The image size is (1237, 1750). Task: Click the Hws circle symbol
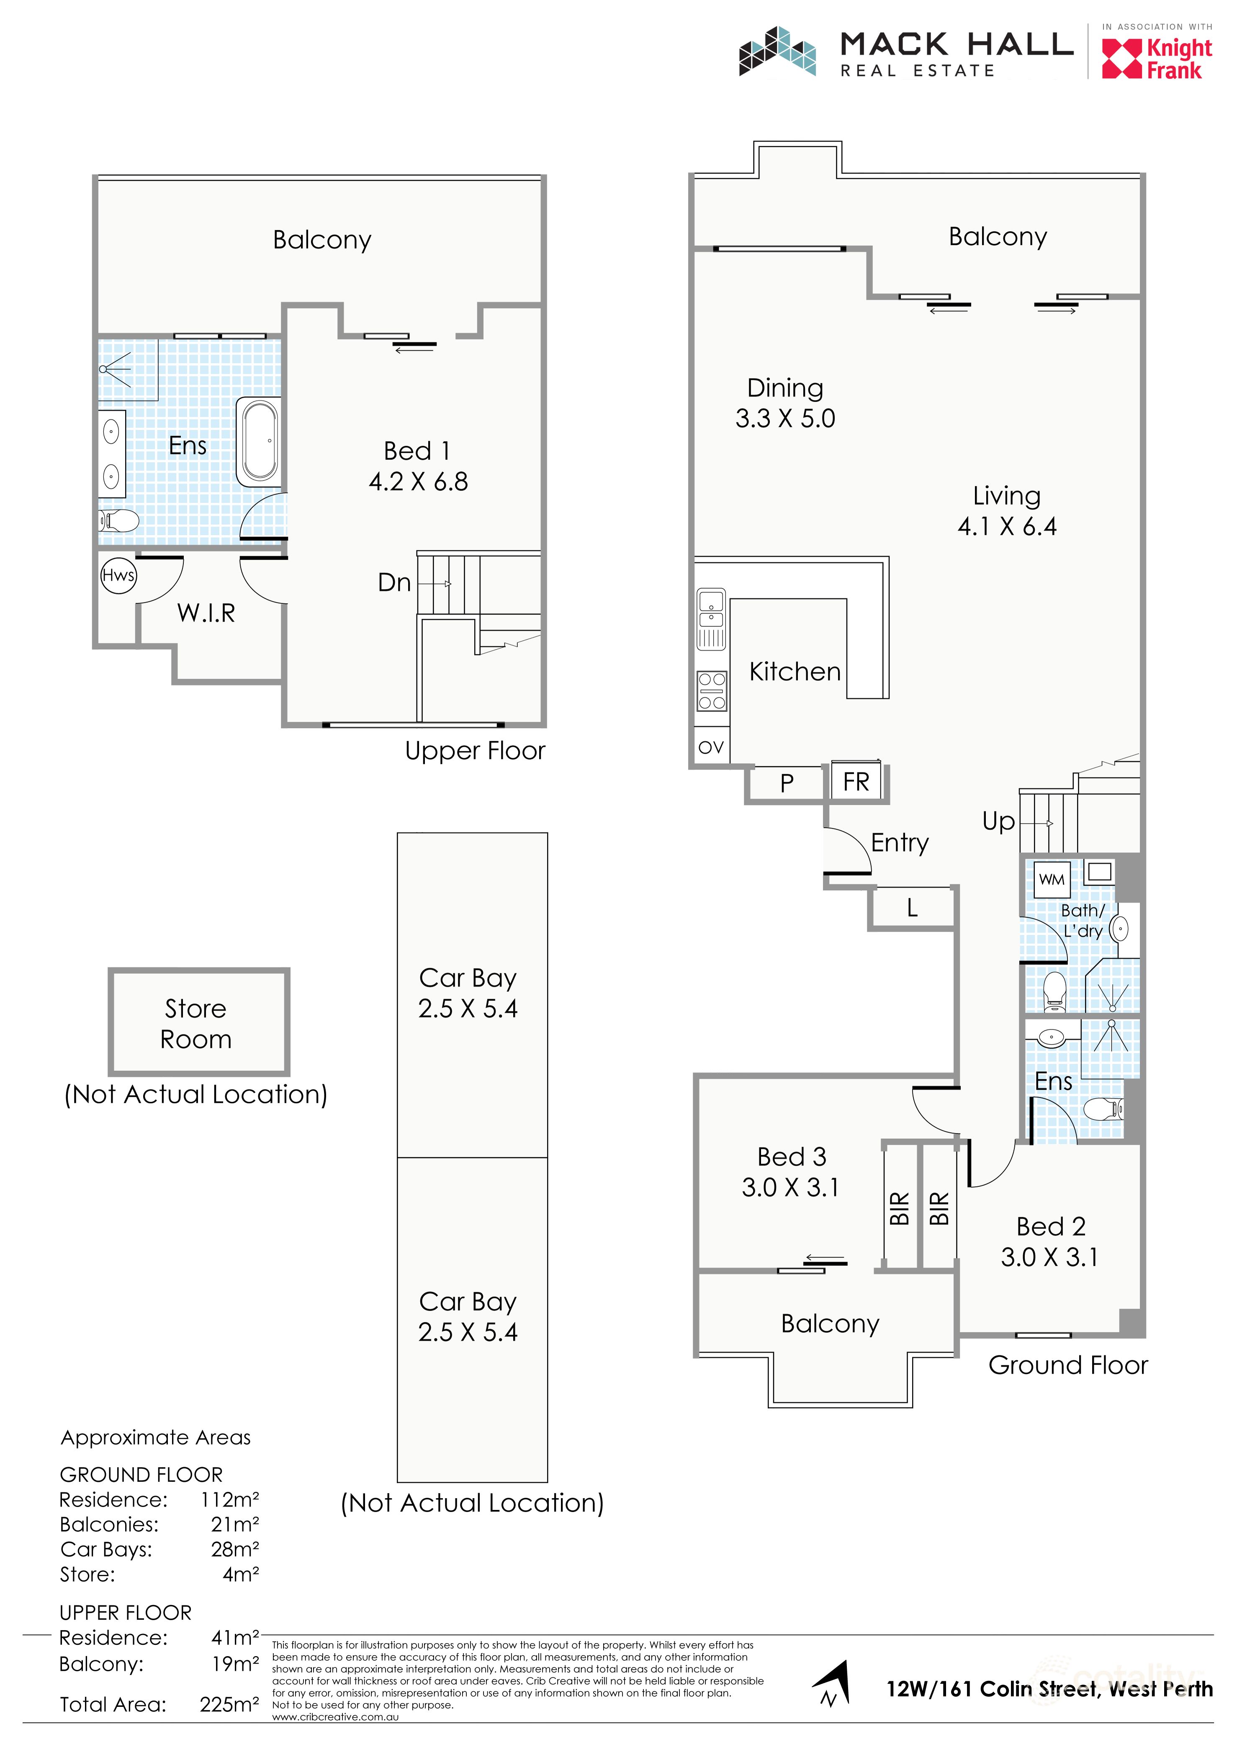pyautogui.click(x=118, y=576)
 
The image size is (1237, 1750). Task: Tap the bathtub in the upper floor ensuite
pyautogui.click(x=259, y=442)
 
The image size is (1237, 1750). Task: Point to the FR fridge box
pyautogui.click(x=856, y=781)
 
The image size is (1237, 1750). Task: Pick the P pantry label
pyautogui.click(x=787, y=783)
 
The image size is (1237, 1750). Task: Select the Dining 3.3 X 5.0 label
pyautogui.click(x=785, y=403)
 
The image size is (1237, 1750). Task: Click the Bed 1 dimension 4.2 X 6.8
pyautogui.click(x=418, y=482)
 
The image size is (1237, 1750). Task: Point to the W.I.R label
pyautogui.click(x=206, y=613)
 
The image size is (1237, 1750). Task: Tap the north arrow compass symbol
pyautogui.click(x=832, y=1685)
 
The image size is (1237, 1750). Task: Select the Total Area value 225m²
pyautogui.click(x=229, y=1704)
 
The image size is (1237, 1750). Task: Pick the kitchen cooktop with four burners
pyautogui.click(x=711, y=690)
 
